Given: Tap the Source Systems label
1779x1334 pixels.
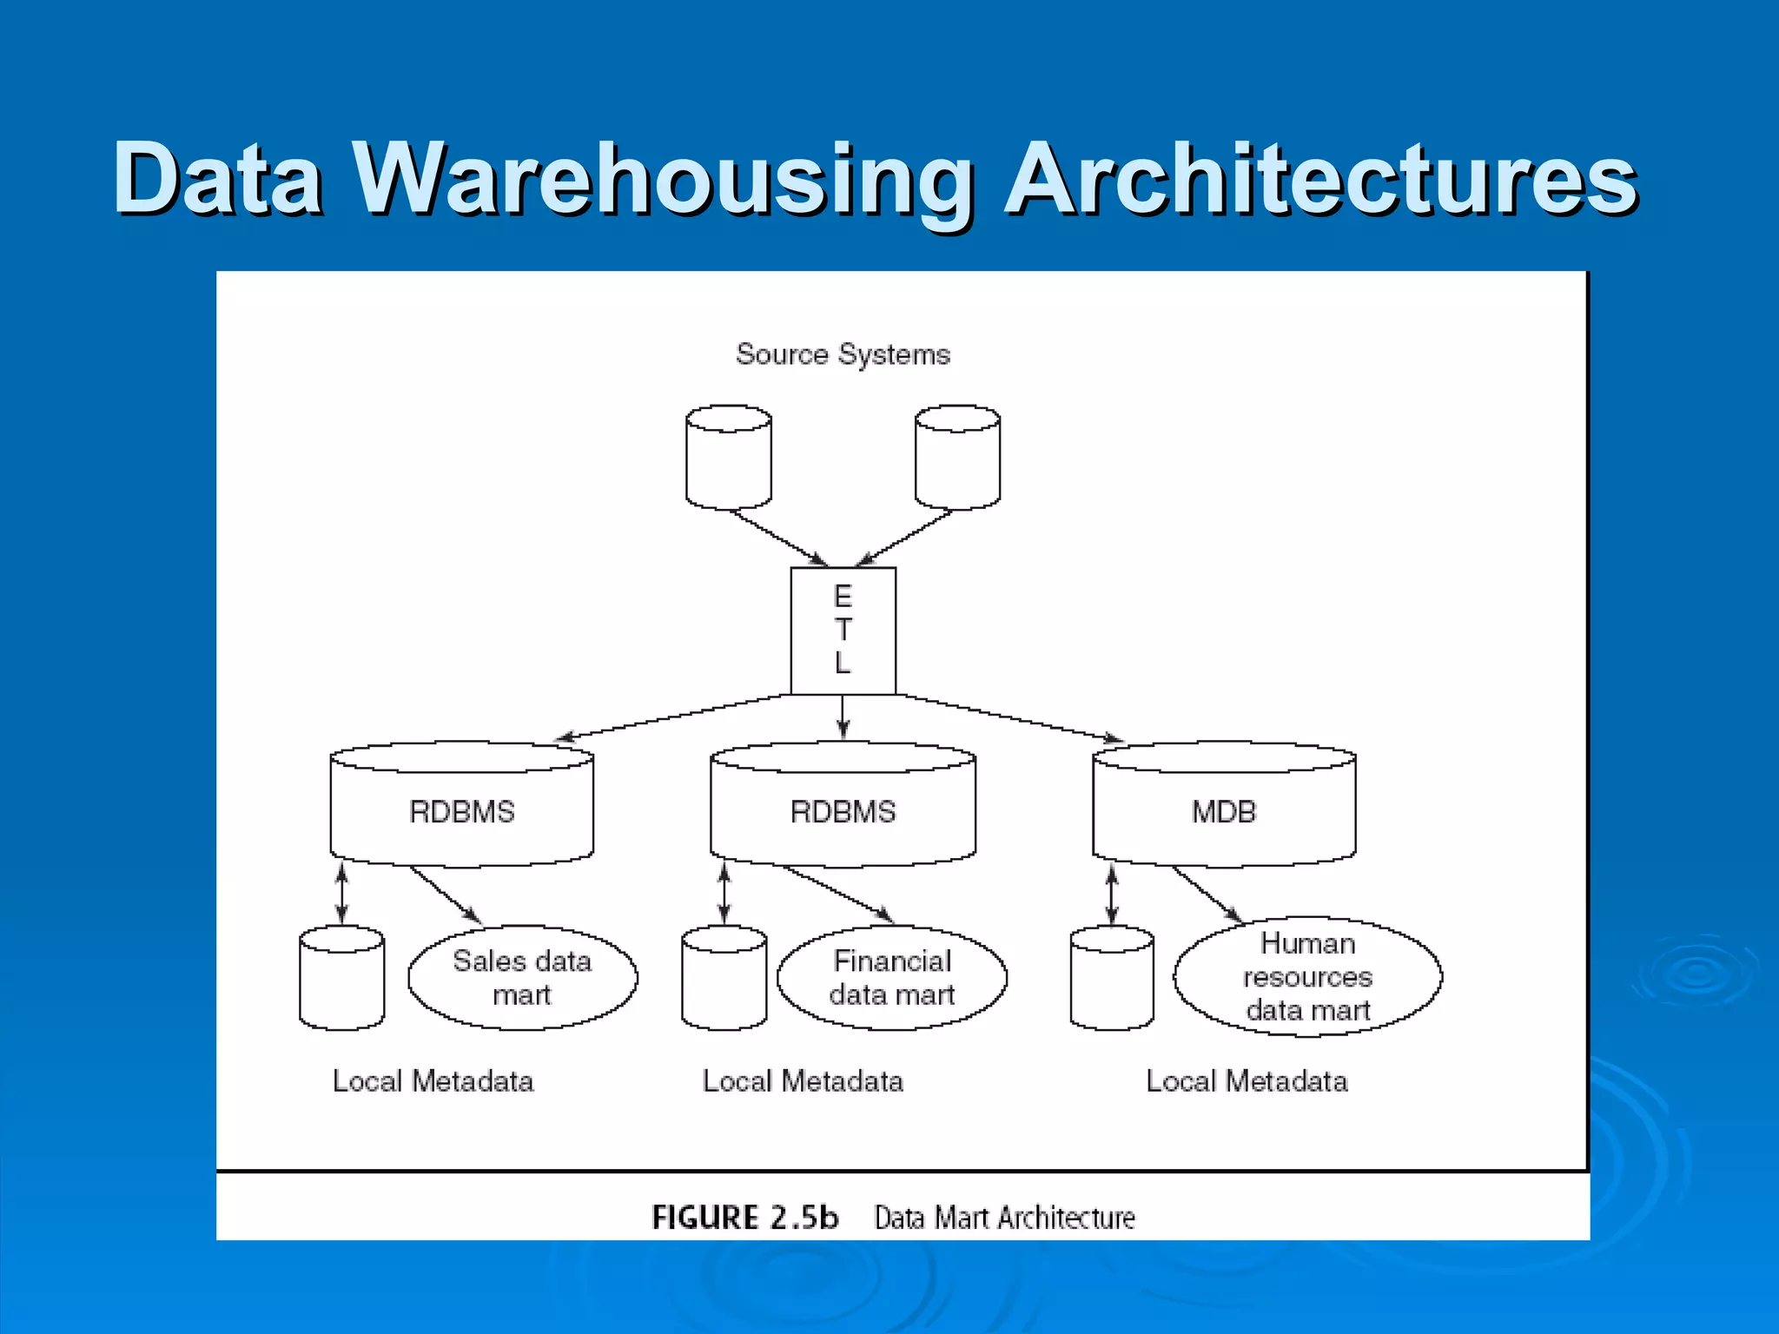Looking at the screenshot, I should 843,354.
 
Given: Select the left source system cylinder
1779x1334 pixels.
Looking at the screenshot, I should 728,458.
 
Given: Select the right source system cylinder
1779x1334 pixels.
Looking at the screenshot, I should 957,458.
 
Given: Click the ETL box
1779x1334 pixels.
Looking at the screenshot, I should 843,631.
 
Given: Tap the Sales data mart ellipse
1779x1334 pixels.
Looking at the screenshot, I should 522,978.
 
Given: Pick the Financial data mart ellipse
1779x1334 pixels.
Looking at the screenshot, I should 892,978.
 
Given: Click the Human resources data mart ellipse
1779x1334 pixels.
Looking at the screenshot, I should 1307,977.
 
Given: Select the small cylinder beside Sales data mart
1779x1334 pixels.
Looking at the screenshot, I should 341,979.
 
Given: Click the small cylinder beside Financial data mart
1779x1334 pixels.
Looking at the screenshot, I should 724,979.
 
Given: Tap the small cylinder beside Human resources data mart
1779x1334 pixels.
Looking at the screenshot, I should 1112,979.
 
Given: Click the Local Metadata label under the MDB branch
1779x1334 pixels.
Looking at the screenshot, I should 1247,1081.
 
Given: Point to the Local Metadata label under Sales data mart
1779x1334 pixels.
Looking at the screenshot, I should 433,1081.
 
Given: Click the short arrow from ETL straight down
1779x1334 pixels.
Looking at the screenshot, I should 843,717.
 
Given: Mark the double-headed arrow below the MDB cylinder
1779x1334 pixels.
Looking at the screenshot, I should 1112,895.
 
